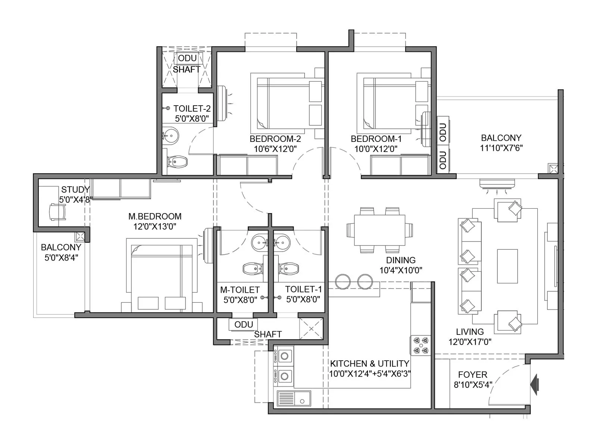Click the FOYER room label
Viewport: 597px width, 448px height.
tap(472, 374)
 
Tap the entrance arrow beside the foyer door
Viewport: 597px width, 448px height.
tap(535, 385)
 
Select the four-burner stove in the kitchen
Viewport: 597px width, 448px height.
tap(421, 345)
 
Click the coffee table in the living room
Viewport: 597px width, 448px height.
tap(507, 267)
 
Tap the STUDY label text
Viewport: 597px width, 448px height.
tap(75, 189)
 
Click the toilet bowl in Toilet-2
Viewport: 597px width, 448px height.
tap(178, 162)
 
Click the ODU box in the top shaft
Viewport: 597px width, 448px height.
tap(187, 58)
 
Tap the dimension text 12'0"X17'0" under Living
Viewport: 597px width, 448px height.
tap(470, 341)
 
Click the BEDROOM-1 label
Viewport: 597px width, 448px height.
tap(376, 139)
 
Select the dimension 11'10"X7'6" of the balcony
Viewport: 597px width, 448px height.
tap(501, 148)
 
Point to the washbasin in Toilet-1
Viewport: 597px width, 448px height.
tap(282, 243)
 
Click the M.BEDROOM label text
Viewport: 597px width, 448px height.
tap(155, 216)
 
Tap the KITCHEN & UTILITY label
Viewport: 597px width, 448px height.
tap(369, 363)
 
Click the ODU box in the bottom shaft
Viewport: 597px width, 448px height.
tap(243, 324)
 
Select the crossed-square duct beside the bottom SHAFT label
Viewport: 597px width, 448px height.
tap(311, 328)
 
